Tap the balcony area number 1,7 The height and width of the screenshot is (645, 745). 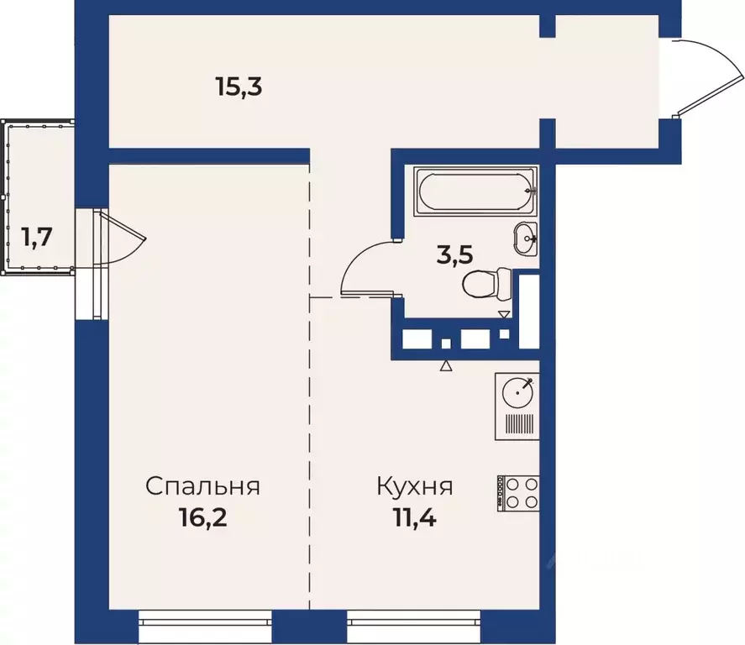coord(38,238)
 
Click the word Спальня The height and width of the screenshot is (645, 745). coord(202,486)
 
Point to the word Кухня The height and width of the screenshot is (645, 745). coord(415,486)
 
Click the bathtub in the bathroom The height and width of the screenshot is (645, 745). coord(476,191)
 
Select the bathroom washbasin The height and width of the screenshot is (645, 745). coord(527,238)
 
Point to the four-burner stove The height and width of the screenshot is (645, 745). coord(517,492)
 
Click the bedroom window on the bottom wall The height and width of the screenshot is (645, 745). coord(206,622)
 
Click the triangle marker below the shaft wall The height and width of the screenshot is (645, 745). coord(446,365)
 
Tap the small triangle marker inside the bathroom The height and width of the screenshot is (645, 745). coord(504,315)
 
